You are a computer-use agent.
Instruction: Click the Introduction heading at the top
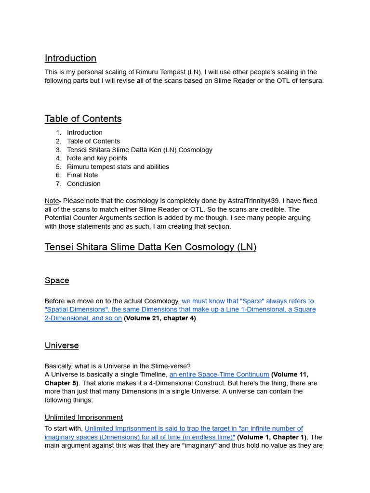tap(70, 58)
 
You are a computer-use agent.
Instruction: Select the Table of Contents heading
tap(83, 119)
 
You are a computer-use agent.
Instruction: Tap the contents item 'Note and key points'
tap(97, 158)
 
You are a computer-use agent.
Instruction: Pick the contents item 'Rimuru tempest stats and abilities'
tap(118, 167)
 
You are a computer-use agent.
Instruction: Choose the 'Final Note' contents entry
tap(82, 175)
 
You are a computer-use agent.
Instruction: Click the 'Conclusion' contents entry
tap(84, 184)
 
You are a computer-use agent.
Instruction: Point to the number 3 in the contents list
tap(58, 150)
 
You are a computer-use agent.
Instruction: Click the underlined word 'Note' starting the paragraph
tap(52, 201)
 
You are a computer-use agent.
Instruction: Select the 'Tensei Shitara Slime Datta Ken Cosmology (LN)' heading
tap(150, 247)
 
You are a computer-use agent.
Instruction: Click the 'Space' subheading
tap(57, 280)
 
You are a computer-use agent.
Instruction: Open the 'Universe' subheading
tap(62, 346)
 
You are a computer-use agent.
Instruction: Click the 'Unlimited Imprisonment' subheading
tap(84, 417)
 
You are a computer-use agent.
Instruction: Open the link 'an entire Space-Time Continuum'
tap(219, 375)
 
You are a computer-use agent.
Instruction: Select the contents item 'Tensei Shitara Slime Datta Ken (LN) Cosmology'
tap(139, 150)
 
